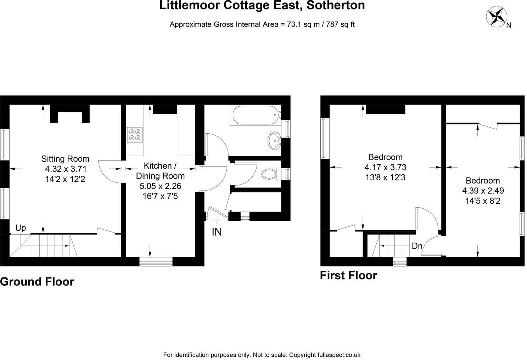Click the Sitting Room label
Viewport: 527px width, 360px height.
coord(65,159)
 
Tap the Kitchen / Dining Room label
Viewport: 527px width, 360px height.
coord(160,171)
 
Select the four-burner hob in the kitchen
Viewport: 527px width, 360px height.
coord(135,134)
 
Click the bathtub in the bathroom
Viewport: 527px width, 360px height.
coord(255,115)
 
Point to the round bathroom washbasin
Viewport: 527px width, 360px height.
coord(274,141)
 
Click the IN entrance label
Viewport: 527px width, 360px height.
coord(217,232)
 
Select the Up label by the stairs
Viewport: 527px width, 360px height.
coord(21,228)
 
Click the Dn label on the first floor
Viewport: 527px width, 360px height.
coord(417,246)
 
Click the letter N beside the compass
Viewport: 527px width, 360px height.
coord(509,25)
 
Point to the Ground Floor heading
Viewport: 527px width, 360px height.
coord(37,282)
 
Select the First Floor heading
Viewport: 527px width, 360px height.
coord(348,275)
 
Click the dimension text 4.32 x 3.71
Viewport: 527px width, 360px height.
coord(66,169)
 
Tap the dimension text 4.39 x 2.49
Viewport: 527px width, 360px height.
coord(483,191)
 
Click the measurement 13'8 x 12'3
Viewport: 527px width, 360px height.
coord(385,177)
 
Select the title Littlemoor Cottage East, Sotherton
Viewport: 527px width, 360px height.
coord(262,5)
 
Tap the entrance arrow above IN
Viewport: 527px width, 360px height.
coord(217,220)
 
